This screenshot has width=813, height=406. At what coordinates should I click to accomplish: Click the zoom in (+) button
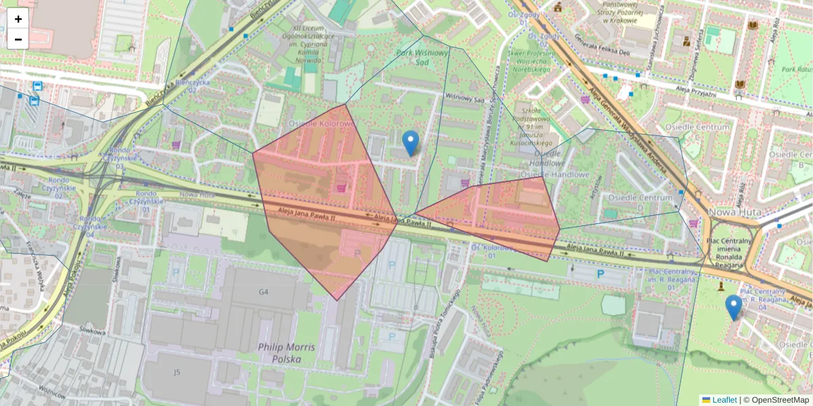pos(18,18)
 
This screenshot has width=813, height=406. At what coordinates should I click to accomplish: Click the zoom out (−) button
pos(18,39)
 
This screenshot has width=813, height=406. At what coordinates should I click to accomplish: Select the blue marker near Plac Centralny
pos(733,307)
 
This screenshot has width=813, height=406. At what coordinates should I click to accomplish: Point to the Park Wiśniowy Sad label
pos(423,57)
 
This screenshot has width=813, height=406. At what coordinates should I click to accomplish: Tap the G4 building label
pos(263,292)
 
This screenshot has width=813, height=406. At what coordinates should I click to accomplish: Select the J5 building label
pos(177,371)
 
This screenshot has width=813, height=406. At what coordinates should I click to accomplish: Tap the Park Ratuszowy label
pos(797,69)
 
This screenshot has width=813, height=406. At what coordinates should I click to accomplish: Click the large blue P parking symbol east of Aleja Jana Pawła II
pos(600,274)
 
